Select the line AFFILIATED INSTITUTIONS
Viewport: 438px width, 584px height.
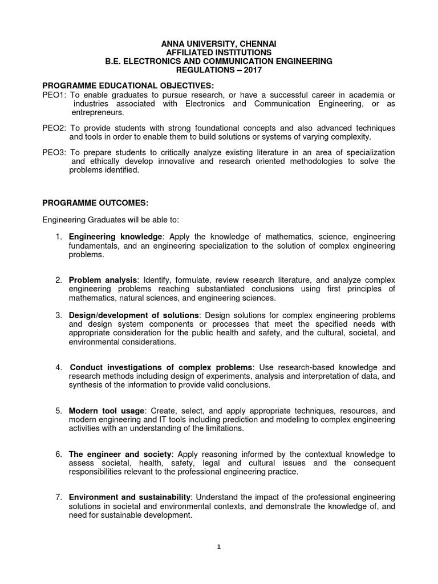pyautogui.click(x=219, y=52)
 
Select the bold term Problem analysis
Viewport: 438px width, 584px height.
pyautogui.click(x=103, y=280)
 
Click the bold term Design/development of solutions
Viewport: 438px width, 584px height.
pyautogui.click(x=135, y=315)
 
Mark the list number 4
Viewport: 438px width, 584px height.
pyautogui.click(x=59, y=367)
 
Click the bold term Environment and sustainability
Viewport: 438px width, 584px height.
pyautogui.click(x=130, y=498)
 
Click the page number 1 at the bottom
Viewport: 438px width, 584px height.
pyautogui.click(x=219, y=546)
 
